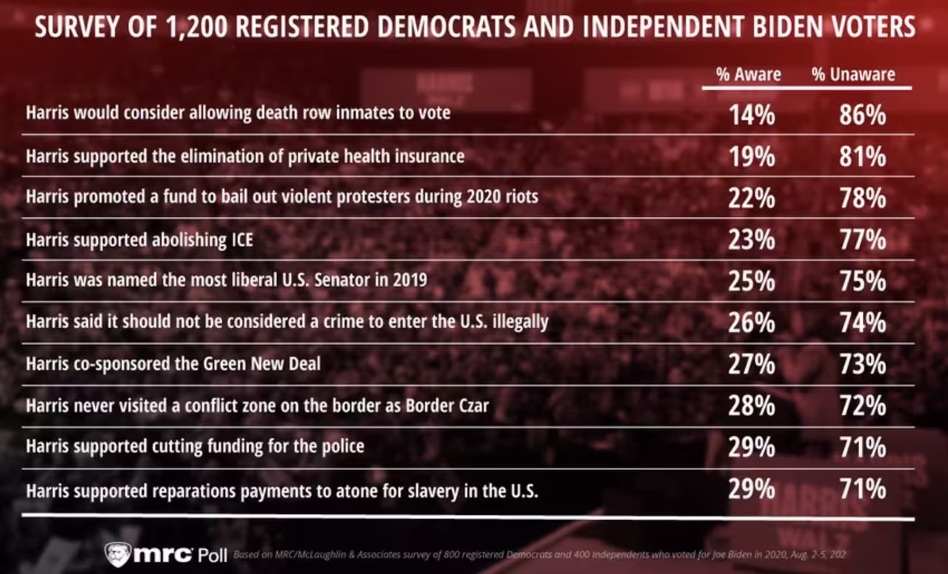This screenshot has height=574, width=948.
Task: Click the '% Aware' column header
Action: click(748, 75)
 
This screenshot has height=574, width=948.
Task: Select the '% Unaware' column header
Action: click(853, 75)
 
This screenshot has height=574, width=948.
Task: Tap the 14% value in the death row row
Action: click(752, 115)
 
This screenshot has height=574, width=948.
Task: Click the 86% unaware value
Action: click(863, 115)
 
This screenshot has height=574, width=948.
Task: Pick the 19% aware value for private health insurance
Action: click(752, 156)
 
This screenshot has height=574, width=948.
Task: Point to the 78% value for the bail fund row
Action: click(863, 198)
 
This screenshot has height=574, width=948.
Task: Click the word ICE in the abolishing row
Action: click(242, 240)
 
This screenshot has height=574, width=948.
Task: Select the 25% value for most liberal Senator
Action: click(752, 281)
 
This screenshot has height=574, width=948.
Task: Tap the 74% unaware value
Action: click(863, 323)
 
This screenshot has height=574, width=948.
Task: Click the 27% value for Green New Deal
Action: click(752, 364)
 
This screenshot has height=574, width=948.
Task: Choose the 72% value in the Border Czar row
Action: click(863, 406)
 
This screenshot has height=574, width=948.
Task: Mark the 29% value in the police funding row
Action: click(752, 447)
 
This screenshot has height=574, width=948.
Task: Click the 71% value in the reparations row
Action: click(863, 489)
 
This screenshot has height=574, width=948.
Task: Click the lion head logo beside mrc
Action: click(118, 554)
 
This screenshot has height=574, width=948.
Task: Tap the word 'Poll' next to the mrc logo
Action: click(213, 555)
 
